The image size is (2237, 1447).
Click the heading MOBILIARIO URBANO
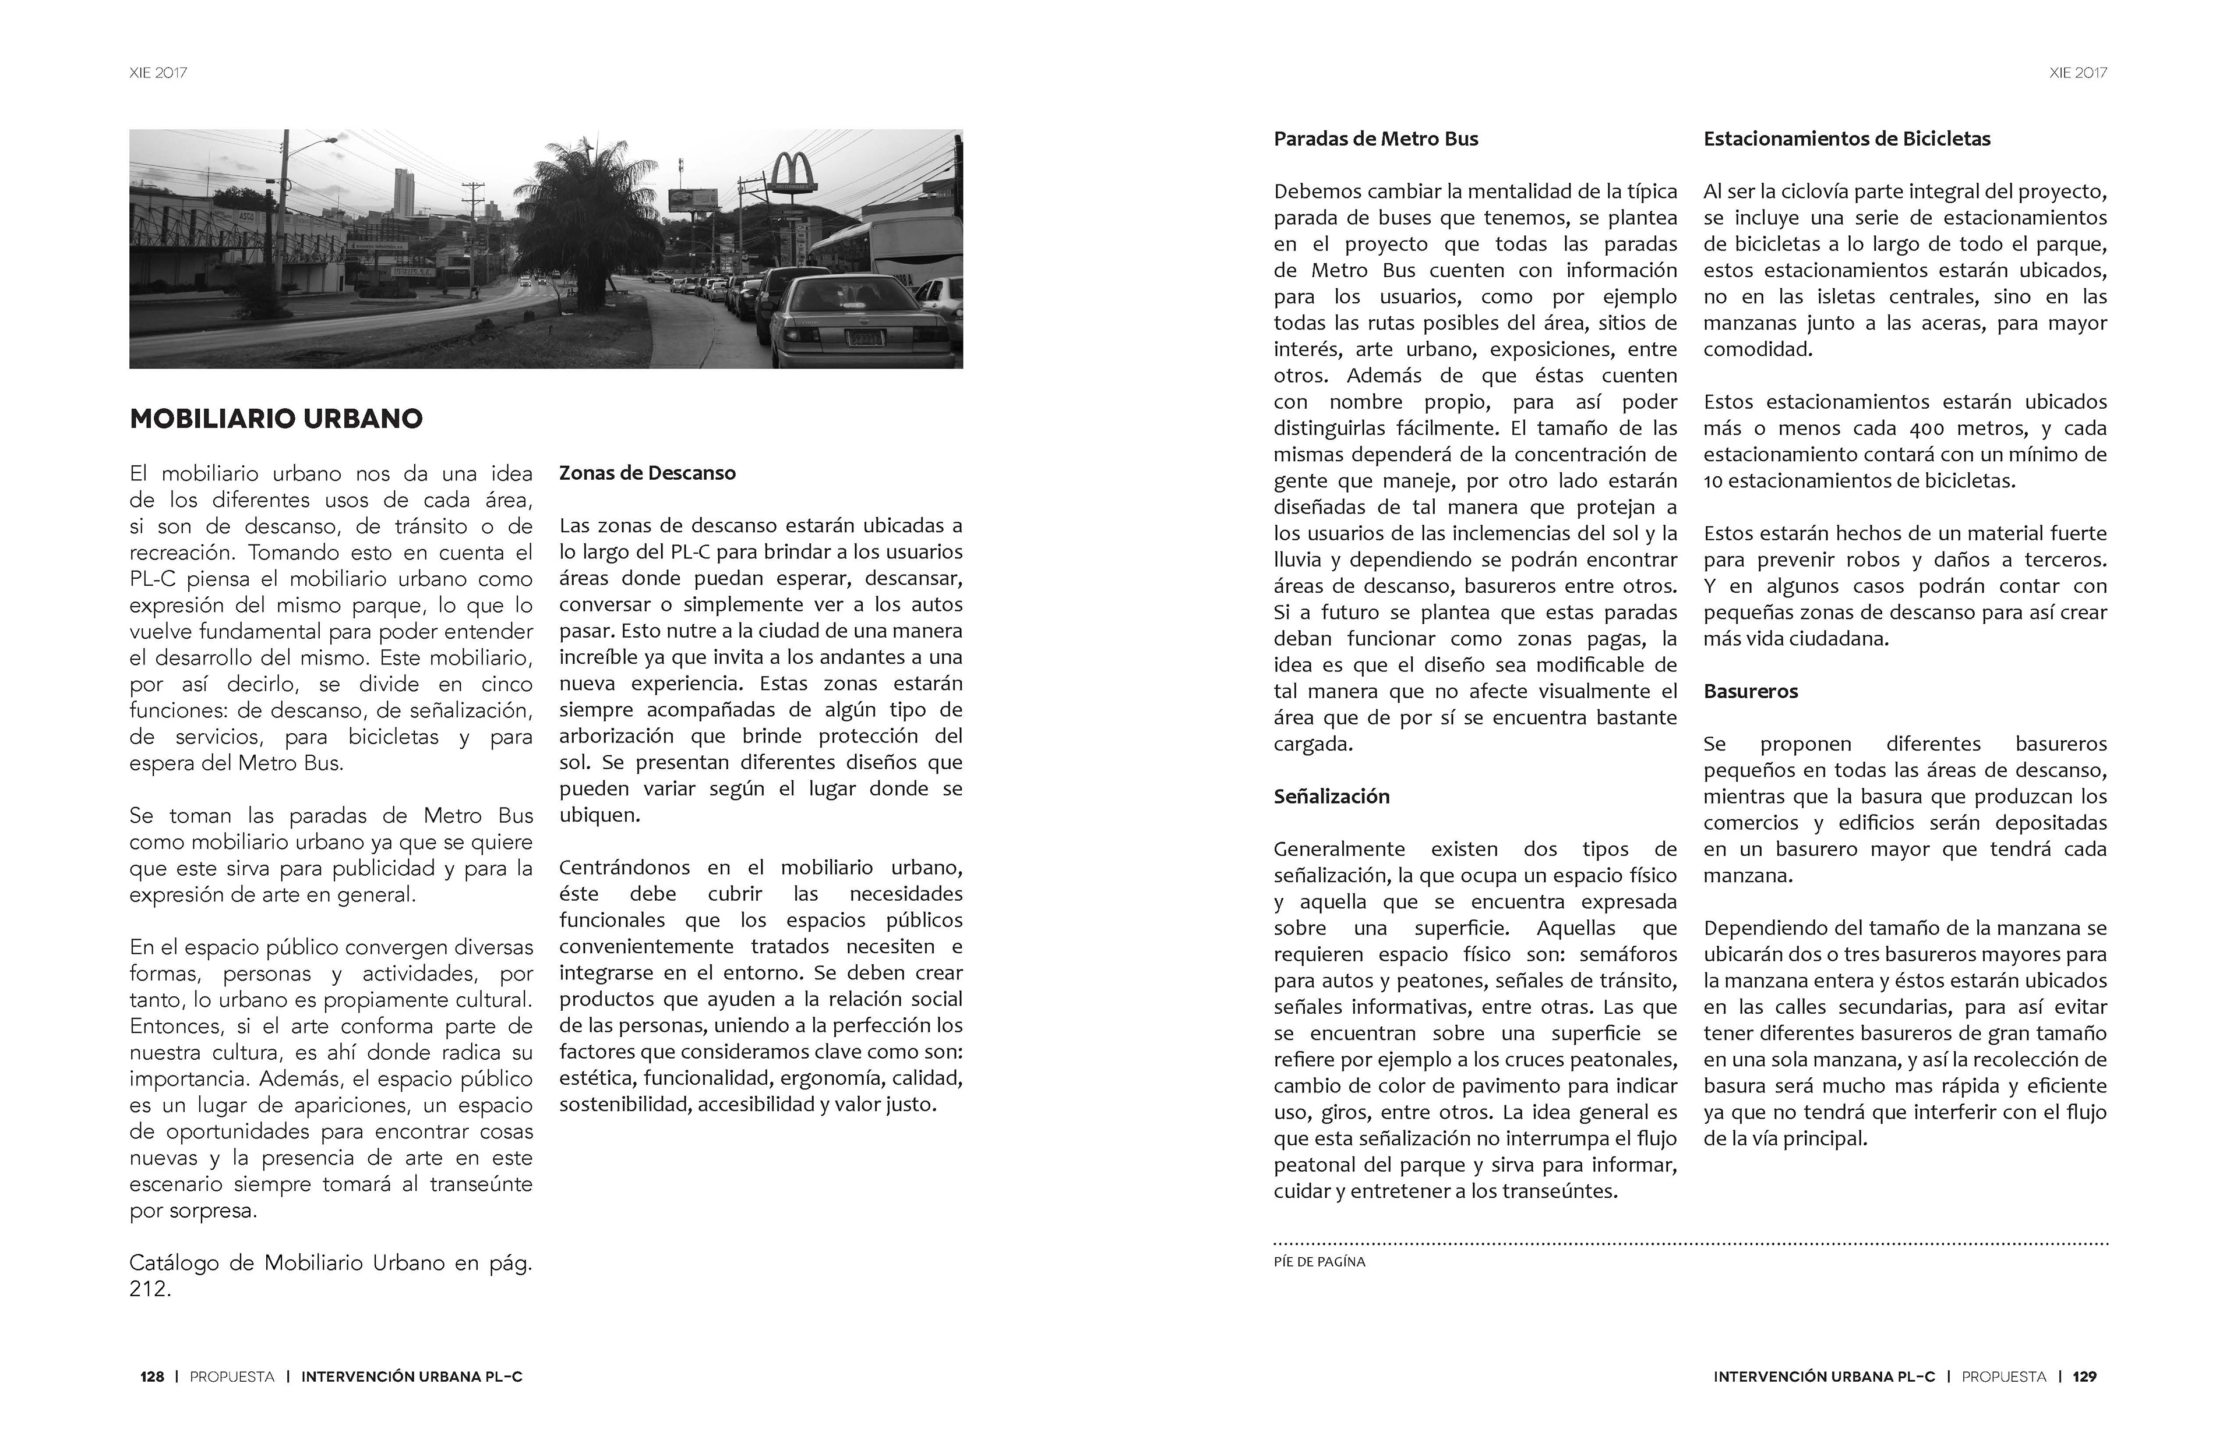(276, 419)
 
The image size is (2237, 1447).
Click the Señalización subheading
(1331, 797)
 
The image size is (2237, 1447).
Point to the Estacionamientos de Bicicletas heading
(1847, 139)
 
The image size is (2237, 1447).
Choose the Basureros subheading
(1750, 692)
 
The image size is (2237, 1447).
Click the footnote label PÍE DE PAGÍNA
(1319, 1262)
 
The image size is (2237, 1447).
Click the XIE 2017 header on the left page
(158, 72)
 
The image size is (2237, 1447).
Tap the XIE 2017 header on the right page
(2078, 72)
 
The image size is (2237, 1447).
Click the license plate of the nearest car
(864, 337)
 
